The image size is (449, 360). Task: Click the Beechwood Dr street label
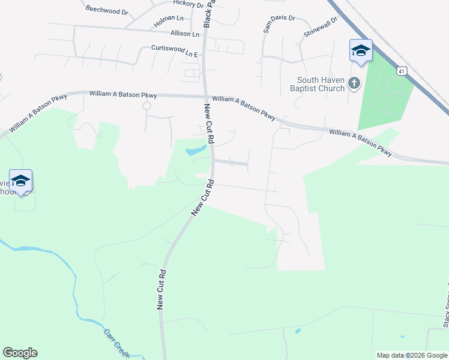(x=107, y=10)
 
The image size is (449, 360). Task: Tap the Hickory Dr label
(x=188, y=4)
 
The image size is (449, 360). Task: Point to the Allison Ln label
(x=185, y=34)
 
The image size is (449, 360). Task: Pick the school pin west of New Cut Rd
(x=21, y=181)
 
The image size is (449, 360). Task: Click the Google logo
(x=20, y=353)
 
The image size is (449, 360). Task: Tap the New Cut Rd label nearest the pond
(x=209, y=124)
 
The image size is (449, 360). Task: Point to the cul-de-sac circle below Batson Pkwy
(x=146, y=106)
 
